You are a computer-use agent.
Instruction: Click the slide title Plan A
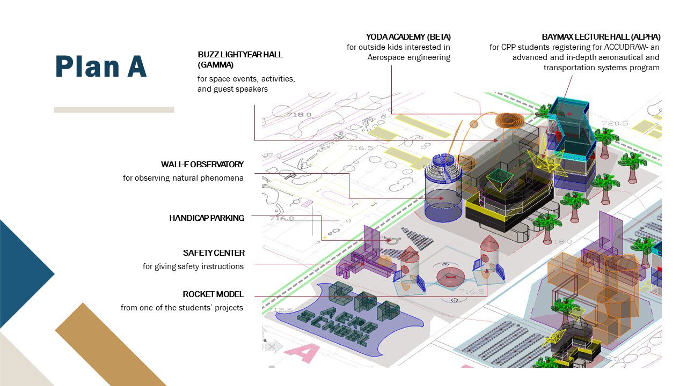(101, 66)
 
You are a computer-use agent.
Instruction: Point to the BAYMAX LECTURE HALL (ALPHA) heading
(601, 37)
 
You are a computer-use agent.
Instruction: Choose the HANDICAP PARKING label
(207, 218)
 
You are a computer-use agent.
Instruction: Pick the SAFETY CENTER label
(214, 253)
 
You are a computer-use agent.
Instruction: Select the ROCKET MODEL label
(213, 294)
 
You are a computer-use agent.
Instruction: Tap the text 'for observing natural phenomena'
(183, 178)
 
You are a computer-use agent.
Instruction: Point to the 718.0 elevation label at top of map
(299, 114)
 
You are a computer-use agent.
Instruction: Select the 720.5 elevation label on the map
(615, 123)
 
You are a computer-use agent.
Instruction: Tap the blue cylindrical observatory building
(443, 198)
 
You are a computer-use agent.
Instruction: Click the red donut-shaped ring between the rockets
(449, 277)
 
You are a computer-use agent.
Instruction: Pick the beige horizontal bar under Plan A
(114, 110)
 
